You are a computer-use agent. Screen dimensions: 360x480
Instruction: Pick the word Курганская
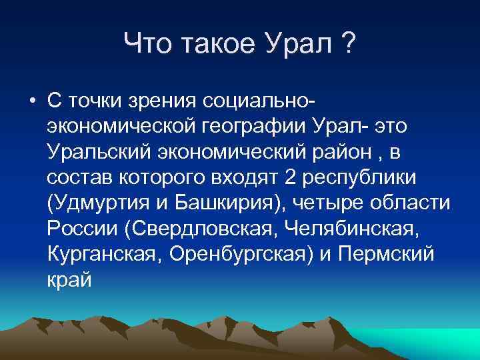click(x=101, y=254)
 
